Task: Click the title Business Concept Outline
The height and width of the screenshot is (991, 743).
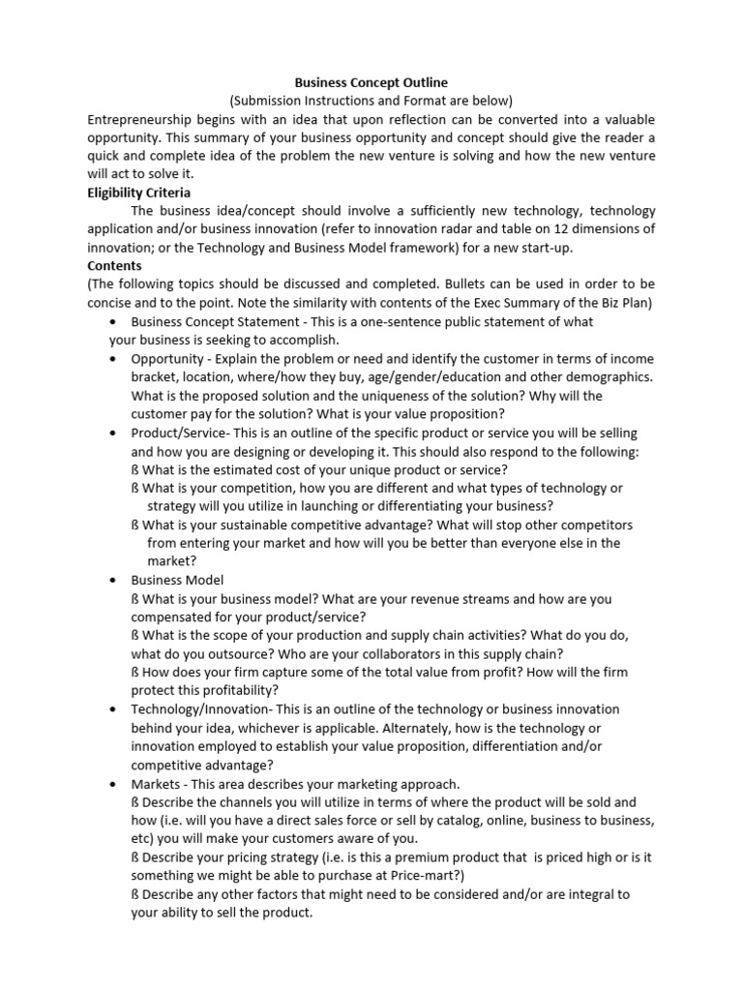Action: coord(371,83)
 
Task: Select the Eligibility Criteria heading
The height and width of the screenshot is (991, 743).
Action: coord(139,193)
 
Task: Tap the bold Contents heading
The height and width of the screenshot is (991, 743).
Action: coord(114,265)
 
